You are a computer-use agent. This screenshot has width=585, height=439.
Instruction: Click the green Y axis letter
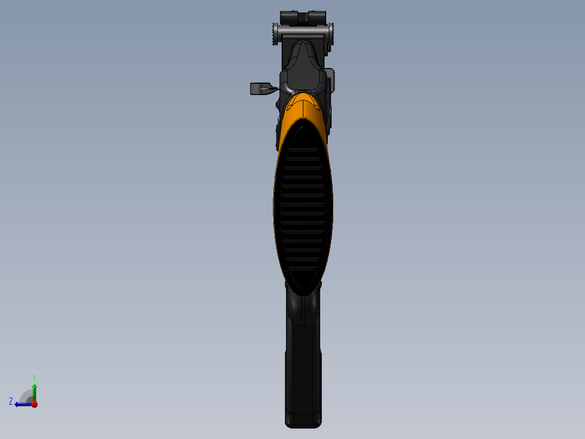pyautogui.click(x=34, y=377)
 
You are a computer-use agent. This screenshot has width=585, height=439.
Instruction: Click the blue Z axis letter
pyautogui.click(x=11, y=401)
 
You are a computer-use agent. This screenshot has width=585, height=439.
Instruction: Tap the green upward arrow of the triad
pyautogui.click(x=34, y=391)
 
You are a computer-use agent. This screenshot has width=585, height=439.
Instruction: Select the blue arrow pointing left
pyautogui.click(x=22, y=404)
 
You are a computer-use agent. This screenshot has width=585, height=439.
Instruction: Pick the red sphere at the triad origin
pyautogui.click(x=34, y=404)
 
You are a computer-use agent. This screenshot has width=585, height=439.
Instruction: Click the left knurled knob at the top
pyautogui.click(x=275, y=35)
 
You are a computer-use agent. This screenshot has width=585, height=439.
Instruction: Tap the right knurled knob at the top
pyautogui.click(x=331, y=35)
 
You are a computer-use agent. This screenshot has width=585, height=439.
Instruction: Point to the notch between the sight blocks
pyautogui.click(x=303, y=18)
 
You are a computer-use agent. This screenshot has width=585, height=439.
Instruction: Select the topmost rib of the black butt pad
pyautogui.click(x=303, y=148)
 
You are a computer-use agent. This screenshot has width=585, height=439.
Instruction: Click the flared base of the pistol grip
pyautogui.click(x=303, y=421)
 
